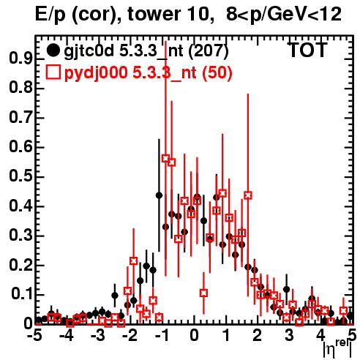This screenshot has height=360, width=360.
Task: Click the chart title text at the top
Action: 188,15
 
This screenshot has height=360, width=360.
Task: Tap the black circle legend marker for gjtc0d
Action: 53,50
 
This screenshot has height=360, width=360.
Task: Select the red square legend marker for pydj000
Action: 53,72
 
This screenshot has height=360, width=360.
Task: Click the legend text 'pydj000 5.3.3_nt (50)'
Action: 148,72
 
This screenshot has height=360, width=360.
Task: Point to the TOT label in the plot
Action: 308,50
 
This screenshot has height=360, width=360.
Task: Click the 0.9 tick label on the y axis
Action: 20,59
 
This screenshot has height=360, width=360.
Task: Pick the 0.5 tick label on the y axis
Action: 20,176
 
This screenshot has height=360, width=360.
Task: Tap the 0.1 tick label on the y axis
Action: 21,295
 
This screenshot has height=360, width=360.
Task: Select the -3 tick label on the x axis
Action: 98,335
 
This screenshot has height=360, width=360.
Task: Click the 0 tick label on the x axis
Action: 194,335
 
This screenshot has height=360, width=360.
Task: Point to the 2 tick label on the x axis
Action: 258,335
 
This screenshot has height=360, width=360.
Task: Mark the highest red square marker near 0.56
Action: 165,159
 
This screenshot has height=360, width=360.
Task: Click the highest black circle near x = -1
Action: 159,195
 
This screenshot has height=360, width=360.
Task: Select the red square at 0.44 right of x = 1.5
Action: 248,195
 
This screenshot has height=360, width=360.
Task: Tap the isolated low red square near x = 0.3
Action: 203,293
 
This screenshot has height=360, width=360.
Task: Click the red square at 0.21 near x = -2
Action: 134,260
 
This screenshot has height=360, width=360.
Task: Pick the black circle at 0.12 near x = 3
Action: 287,290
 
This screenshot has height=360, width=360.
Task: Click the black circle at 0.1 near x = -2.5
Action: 115,296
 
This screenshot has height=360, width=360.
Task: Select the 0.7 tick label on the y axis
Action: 20,118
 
